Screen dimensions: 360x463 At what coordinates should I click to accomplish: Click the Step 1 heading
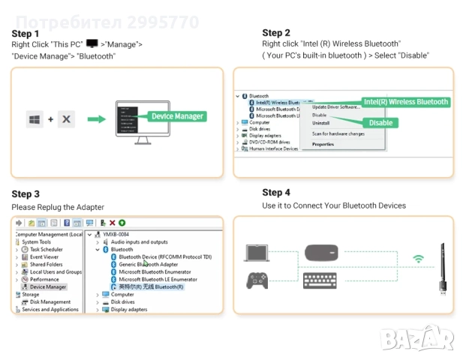pos(26,34)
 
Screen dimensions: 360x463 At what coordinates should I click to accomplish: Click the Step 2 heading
pos(276,32)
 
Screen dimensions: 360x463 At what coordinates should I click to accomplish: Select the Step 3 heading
pos(26,194)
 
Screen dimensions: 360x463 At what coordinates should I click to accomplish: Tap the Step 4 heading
pos(276,193)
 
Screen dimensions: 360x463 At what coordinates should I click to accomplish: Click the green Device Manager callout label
pos(177,116)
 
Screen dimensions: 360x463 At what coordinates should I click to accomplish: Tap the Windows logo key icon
pos(35,119)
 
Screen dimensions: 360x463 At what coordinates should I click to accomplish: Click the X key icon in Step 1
pos(66,119)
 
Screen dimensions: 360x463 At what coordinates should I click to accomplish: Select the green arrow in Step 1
pos(95,119)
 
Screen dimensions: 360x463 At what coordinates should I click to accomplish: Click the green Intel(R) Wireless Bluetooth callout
pos(405,102)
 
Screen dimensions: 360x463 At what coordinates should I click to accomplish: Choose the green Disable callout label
pos(380,122)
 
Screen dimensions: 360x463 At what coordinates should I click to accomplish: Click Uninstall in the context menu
pos(320,123)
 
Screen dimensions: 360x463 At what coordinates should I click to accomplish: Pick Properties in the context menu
pos(323,143)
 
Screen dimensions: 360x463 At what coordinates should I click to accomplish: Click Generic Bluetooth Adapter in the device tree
pos(149,264)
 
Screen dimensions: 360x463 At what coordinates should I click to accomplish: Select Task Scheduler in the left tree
pos(46,249)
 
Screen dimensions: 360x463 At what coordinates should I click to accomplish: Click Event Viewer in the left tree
pos(44,256)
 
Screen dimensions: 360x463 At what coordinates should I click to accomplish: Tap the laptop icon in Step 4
pos(257,255)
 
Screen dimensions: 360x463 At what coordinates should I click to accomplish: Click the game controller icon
pos(257,280)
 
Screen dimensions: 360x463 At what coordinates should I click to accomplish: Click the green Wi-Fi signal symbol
pos(417,260)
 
